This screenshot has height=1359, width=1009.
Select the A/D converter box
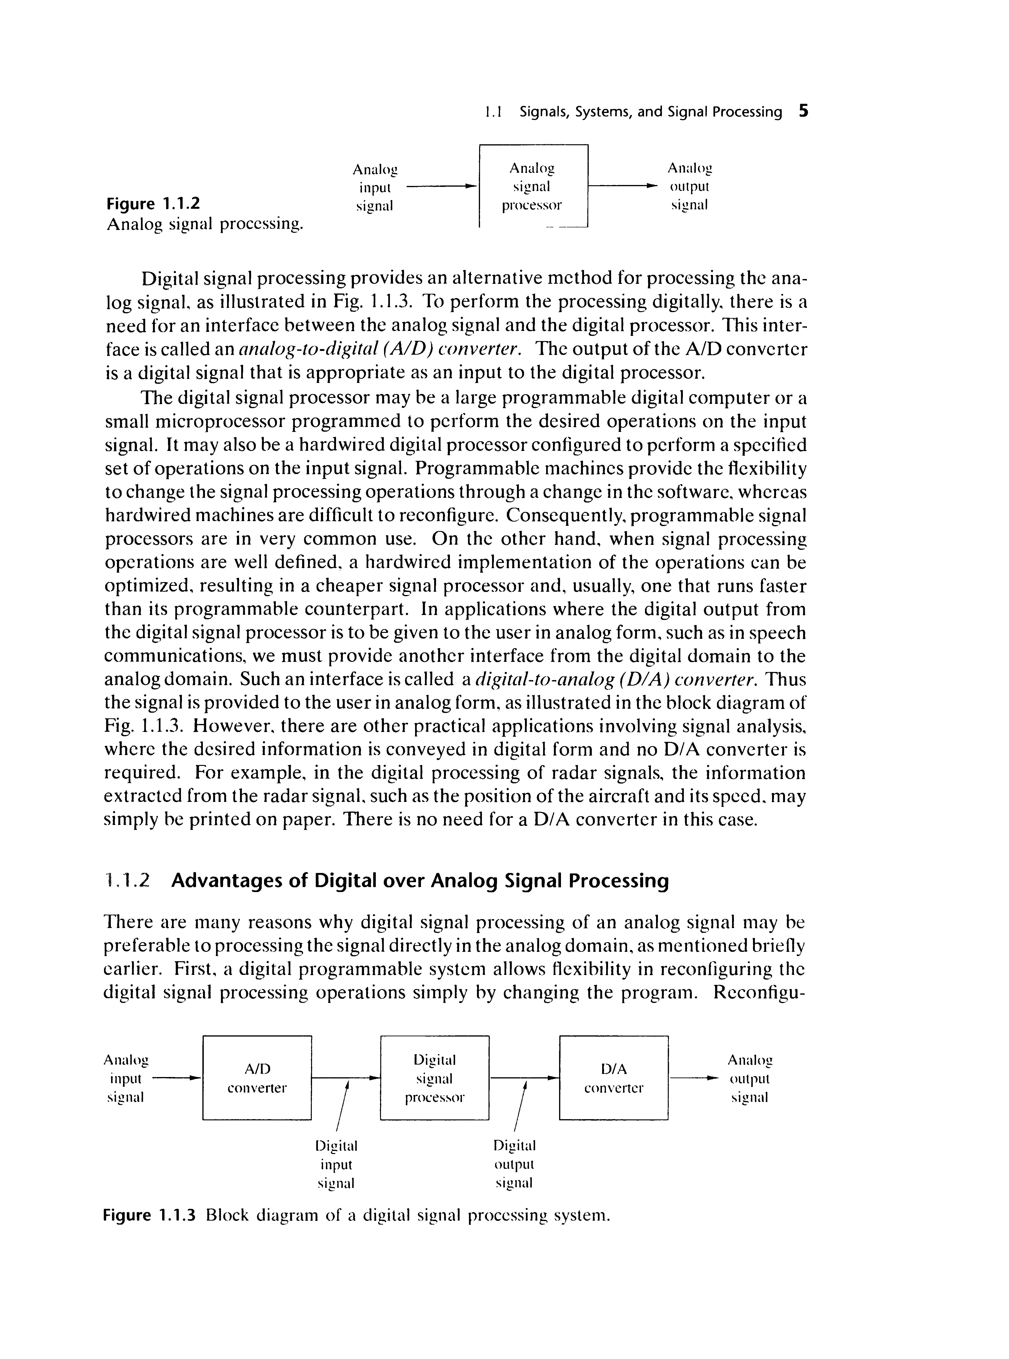pyautogui.click(x=257, y=1078)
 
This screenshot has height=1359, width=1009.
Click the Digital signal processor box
pyautogui.click(x=435, y=1078)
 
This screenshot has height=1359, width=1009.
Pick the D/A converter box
pyautogui.click(x=614, y=1078)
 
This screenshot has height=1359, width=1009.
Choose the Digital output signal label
pyautogui.click(x=514, y=1164)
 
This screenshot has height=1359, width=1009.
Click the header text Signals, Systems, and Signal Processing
pyautogui.click(x=650, y=112)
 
